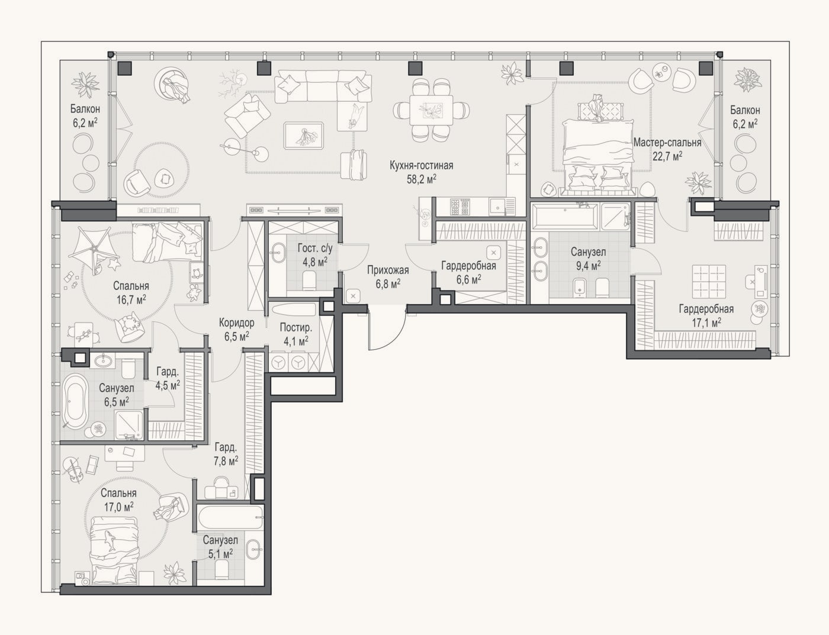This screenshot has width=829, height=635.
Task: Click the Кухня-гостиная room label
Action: pos(421,166)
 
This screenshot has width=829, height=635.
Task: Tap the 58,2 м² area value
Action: pos(421,179)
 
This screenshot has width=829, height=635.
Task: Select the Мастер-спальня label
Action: pos(667,143)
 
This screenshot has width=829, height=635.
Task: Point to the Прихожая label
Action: pos(388,270)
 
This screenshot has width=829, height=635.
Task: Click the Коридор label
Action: pos(236,323)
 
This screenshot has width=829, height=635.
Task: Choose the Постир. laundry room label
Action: pos(296,327)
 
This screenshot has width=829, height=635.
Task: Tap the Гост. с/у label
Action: pos(315,249)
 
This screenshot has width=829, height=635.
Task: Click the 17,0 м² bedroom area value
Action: pos(118,507)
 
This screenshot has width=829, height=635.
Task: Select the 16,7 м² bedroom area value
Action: pos(131,299)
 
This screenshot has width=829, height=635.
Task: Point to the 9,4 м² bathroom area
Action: pos(588,265)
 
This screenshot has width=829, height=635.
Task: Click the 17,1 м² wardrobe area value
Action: pos(706,323)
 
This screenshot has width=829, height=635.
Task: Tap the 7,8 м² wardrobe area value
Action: pos(226,461)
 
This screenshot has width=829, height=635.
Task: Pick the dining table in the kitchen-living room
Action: pos(431,109)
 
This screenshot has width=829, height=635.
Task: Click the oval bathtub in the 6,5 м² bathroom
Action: pos(75,402)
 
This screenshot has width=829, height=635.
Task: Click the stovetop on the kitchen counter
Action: pos(460,207)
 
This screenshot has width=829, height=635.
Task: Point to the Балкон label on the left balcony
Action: pos(85,109)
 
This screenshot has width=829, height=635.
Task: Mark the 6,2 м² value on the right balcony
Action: pos(745,124)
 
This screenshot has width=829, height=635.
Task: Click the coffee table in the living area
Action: pos(304,136)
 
